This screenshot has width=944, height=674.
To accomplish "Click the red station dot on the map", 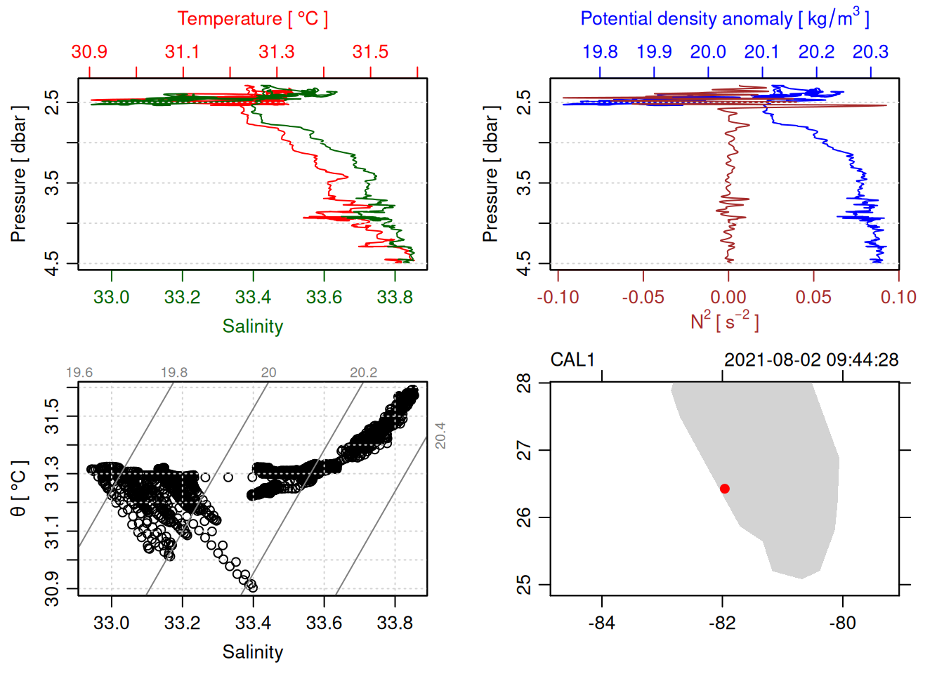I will [x=725, y=489].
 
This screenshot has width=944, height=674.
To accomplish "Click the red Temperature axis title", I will [x=252, y=19].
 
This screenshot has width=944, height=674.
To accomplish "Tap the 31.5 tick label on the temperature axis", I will [x=370, y=52].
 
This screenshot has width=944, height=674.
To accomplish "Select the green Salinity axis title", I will [x=253, y=326].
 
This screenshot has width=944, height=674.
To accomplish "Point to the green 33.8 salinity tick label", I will [x=395, y=298].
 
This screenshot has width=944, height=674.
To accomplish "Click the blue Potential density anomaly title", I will [x=724, y=19].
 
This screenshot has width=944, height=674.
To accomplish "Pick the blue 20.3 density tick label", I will [x=870, y=52].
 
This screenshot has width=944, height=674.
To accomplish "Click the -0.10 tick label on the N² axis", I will [x=558, y=298].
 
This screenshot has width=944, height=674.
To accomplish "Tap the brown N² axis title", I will [x=724, y=321].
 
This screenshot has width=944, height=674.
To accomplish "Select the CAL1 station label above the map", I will [x=572, y=360].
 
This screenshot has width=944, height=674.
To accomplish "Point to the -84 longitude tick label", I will [x=602, y=623].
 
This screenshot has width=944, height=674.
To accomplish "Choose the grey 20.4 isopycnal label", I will [x=440, y=435].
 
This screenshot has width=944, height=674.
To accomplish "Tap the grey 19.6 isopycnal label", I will [x=79, y=373].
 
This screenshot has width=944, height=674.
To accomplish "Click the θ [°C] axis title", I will [x=19, y=489].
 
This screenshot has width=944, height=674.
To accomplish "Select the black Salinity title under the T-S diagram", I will [x=253, y=652].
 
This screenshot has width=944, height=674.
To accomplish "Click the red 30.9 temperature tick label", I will [x=89, y=52].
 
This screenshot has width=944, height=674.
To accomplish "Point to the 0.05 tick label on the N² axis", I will [x=813, y=298].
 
